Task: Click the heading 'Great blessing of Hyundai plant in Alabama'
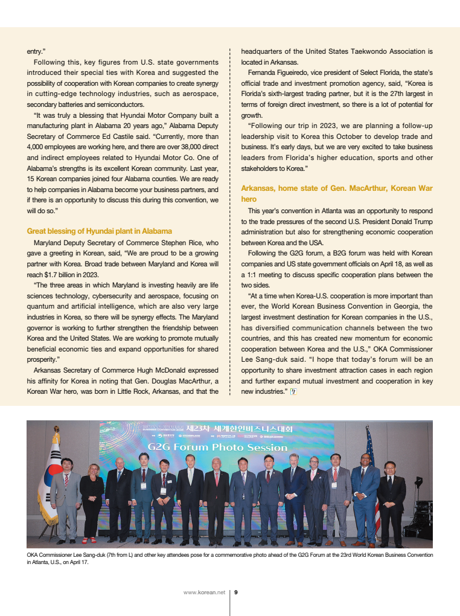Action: (100, 231)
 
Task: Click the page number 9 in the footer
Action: (236, 592)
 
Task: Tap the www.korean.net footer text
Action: (204, 592)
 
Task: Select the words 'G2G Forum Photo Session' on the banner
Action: (217, 448)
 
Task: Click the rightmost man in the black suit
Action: (391, 501)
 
